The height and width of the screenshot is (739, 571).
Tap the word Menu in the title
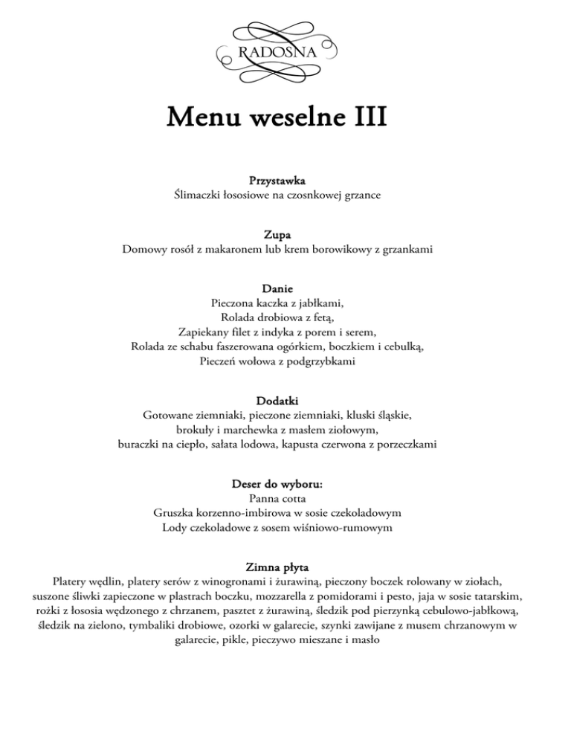point(202,118)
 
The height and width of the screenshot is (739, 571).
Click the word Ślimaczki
point(199,195)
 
